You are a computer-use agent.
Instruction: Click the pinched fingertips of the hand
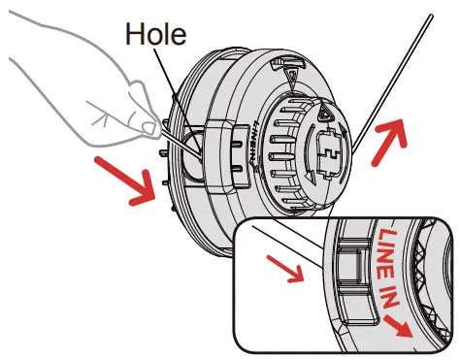coord(146,125)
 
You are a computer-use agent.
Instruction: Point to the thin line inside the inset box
coord(291,247)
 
